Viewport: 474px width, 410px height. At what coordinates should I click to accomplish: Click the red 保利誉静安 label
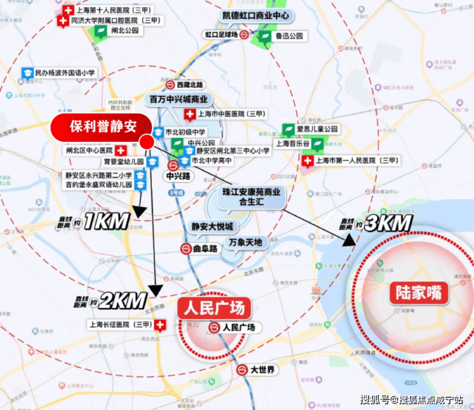click(x=102, y=125)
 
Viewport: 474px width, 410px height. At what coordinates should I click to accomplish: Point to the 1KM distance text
click(x=106, y=223)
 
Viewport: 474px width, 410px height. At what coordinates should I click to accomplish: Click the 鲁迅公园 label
click(x=289, y=36)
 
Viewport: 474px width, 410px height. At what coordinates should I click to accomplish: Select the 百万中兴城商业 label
click(x=179, y=99)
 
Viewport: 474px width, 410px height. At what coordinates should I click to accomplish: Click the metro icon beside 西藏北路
click(x=170, y=84)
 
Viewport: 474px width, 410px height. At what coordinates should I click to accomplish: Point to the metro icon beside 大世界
click(x=241, y=370)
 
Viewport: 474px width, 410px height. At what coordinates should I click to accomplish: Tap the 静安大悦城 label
click(x=212, y=226)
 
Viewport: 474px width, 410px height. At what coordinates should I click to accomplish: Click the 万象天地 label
click(x=245, y=242)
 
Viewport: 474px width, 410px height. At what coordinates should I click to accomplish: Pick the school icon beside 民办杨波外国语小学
click(x=28, y=73)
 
